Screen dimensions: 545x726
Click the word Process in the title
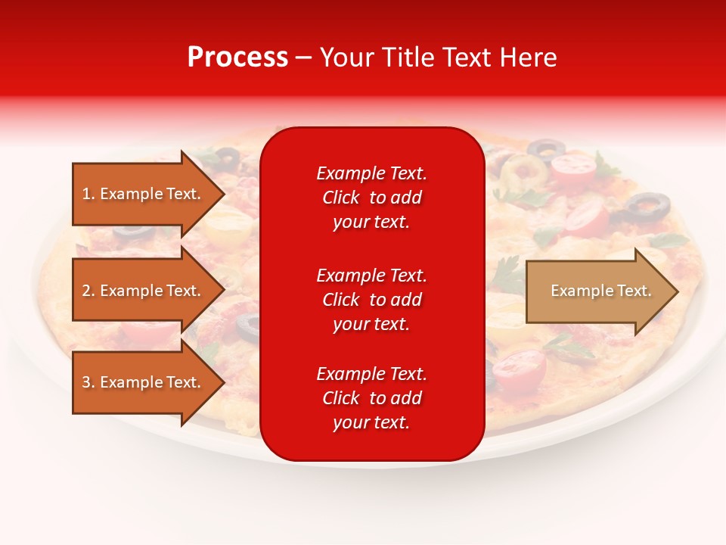pos(237,58)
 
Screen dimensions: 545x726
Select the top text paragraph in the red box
pos(371,198)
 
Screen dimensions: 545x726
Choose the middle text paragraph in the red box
pos(371,299)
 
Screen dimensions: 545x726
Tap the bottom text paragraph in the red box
pos(371,398)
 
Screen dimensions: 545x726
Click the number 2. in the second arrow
pos(88,291)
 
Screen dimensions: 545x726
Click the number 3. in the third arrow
pos(88,382)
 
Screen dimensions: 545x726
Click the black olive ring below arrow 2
pos(247,326)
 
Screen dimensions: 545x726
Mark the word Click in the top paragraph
pos(341,198)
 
